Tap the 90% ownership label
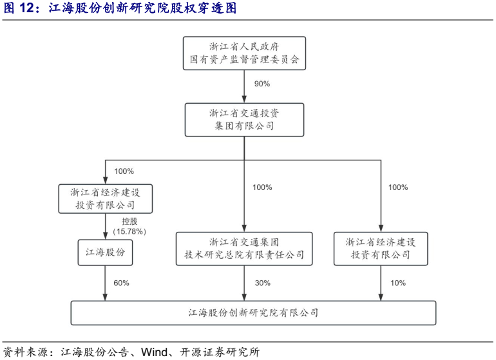pos(262,84)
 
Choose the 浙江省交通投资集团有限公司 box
pos(244,119)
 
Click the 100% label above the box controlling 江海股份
pos(124,171)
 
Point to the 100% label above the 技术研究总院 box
pos(262,187)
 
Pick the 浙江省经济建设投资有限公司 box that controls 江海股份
pos(105,198)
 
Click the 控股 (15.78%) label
pos(129,226)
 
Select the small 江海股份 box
pos(105,252)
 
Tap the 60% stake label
pos(122,283)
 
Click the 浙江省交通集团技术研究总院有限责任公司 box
pos(244,249)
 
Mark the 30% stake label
pos(262,283)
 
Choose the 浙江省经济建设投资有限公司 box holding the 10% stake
pos(381,249)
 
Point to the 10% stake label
pos(398,283)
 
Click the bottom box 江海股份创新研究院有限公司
pos(253,313)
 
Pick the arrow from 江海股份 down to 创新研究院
pos(105,283)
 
